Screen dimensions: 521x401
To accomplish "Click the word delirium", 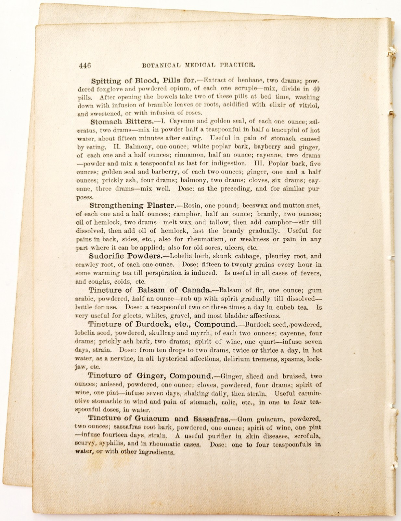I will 246,359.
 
